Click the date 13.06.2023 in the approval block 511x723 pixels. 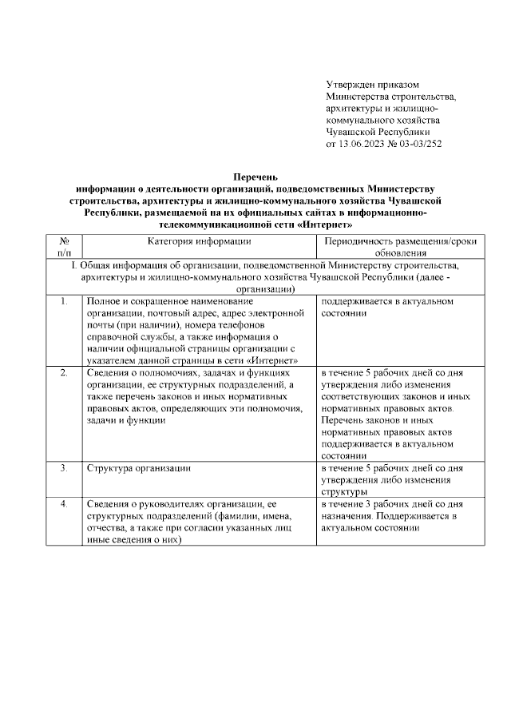pyautogui.click(x=363, y=144)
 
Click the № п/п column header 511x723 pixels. pyautogui.click(x=65, y=247)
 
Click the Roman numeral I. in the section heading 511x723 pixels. pyautogui.click(x=74, y=264)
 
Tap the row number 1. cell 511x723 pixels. pyautogui.click(x=65, y=302)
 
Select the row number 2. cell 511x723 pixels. pyautogui.click(x=65, y=372)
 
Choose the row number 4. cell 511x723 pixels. pyautogui.click(x=65, y=503)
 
